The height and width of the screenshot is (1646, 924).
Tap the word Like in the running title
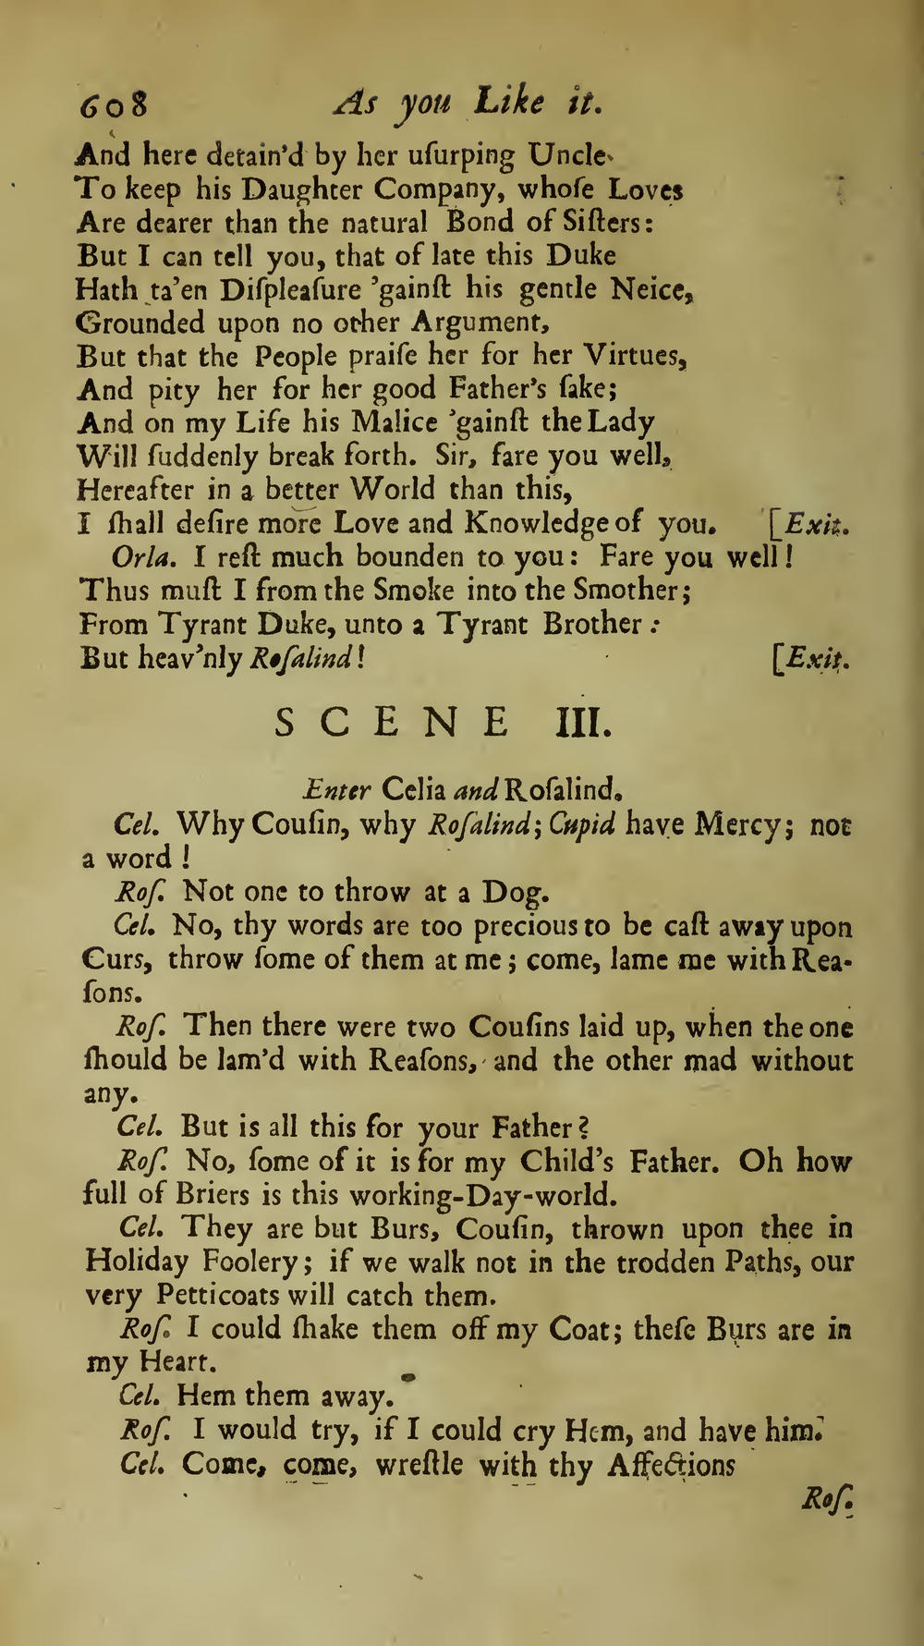coord(510,101)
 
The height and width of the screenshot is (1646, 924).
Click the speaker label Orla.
coord(135,557)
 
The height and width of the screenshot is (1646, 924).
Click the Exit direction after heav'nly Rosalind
coord(813,658)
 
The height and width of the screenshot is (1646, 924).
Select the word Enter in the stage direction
coord(337,790)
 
